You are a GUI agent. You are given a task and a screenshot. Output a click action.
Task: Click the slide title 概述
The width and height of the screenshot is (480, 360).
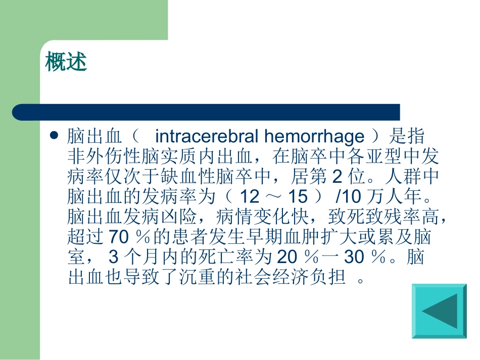(66, 62)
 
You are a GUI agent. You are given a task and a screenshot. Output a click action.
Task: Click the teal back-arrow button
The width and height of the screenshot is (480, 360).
(439, 311)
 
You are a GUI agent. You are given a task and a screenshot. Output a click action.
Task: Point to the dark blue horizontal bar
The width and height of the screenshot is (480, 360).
(206, 112)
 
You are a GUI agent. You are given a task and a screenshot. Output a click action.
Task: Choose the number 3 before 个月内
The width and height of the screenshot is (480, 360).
(114, 258)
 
